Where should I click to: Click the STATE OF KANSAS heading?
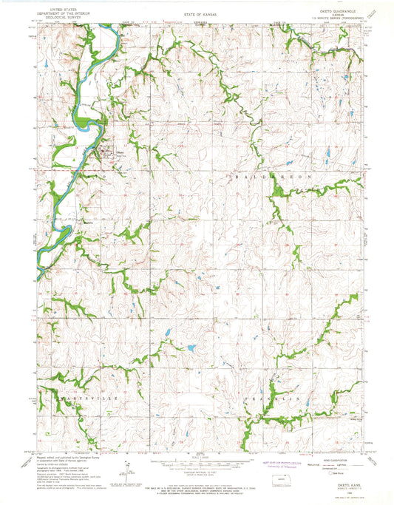coord(196,13)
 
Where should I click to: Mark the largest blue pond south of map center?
coord(191,348)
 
